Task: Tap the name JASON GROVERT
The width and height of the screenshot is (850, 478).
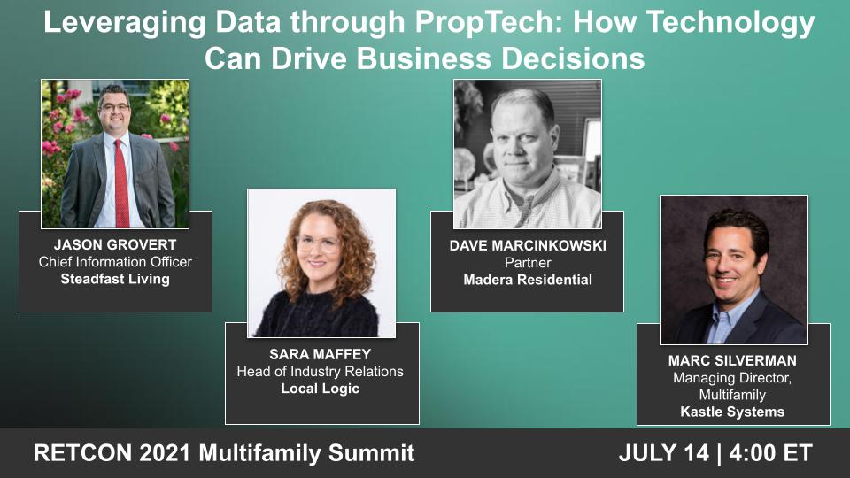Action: pyautogui.click(x=115, y=245)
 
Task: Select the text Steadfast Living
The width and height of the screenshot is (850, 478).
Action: pyautogui.click(x=115, y=279)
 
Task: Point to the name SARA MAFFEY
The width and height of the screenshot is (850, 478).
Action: pyautogui.click(x=320, y=355)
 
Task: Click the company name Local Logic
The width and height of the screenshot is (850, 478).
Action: pyautogui.click(x=320, y=389)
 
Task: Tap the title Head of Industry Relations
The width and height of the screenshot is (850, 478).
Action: pyautogui.click(x=320, y=372)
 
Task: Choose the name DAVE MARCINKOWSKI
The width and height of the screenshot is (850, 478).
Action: pyautogui.click(x=528, y=246)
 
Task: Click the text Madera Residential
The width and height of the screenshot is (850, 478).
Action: pyautogui.click(x=528, y=280)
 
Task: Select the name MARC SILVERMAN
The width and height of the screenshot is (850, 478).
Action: pyautogui.click(x=733, y=361)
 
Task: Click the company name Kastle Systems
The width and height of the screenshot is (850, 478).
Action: pyautogui.click(x=733, y=412)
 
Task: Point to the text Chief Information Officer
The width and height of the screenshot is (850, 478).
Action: pyautogui.click(x=115, y=262)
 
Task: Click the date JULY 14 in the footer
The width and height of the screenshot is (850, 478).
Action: pyautogui.click(x=664, y=453)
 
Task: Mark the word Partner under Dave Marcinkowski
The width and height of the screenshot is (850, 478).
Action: pyautogui.click(x=528, y=263)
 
